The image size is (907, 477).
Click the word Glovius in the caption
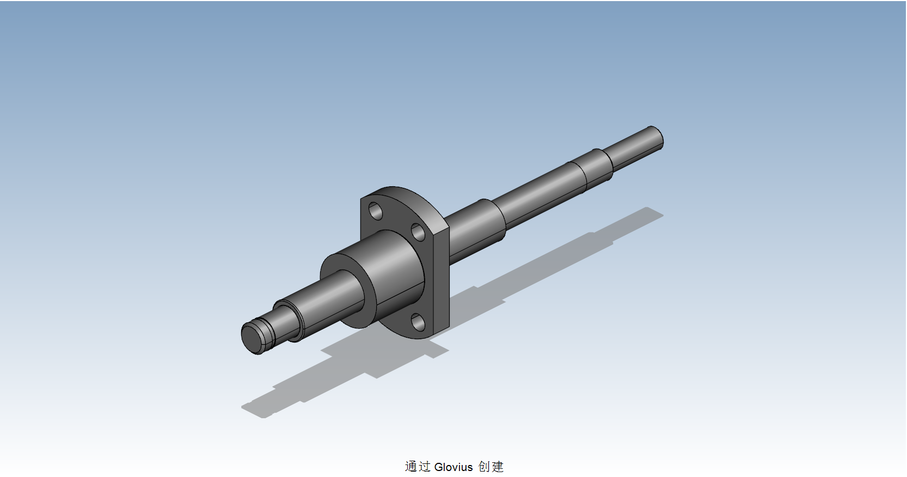(453, 467)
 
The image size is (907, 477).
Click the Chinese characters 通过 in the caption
(418, 467)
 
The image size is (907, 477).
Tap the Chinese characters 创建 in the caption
(491, 467)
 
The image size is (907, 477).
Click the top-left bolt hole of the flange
(375, 210)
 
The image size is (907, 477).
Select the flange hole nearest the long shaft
(418, 233)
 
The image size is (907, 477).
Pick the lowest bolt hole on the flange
(418, 322)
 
